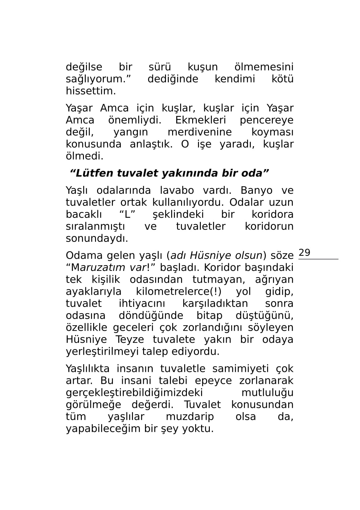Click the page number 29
point(304,253)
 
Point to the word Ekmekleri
point(201,120)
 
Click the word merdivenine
point(200,132)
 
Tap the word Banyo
point(257,190)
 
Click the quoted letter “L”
point(127,214)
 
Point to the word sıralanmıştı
point(95,226)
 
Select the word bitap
point(209,316)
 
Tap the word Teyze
point(130,340)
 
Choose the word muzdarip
point(190,417)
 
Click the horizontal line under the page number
point(318,259)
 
